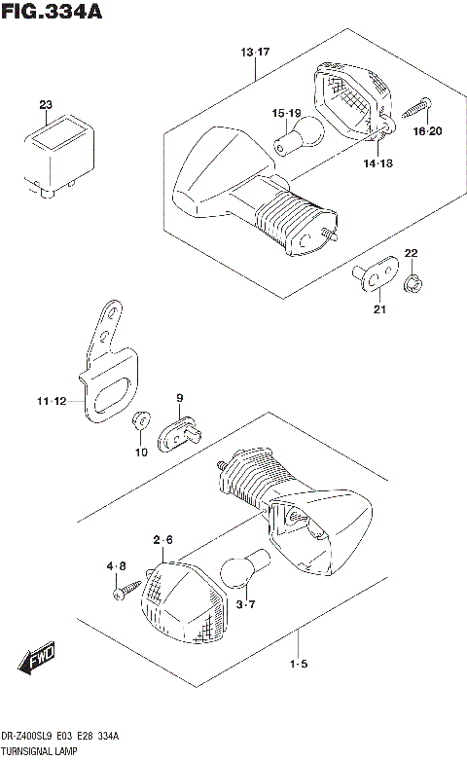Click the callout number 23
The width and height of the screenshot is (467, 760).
[45, 104]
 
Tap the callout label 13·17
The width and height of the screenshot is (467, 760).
[255, 52]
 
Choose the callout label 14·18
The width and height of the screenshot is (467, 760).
[379, 164]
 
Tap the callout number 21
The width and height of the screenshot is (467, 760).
[378, 309]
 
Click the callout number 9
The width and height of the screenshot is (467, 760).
[180, 397]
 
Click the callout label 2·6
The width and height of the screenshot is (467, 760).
[162, 539]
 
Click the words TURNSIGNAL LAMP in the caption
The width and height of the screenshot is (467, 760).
[40, 752]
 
